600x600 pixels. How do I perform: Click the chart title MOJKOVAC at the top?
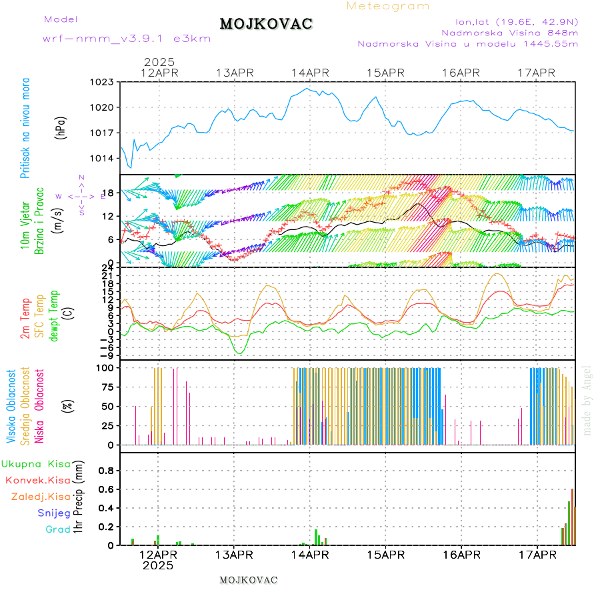pos(266,24)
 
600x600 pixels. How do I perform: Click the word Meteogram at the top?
pos(388,6)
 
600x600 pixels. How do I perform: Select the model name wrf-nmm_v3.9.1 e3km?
pos(127,38)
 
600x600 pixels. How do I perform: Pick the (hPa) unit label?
pos(61,127)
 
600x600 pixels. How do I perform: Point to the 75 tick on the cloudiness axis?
pos(108,387)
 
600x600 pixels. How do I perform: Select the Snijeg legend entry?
pos(53,513)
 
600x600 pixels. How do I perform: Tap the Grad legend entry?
pos(57,529)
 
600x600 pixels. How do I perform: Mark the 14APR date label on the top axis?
pos(310,73)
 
